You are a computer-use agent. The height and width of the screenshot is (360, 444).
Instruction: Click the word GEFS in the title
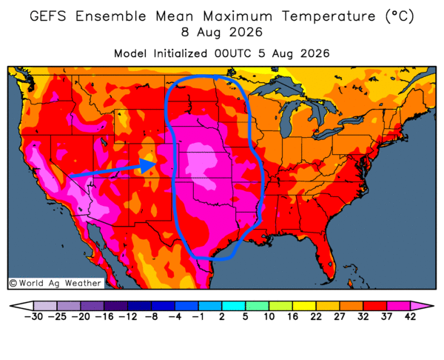48,16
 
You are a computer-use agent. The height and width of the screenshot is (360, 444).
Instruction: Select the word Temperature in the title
329,17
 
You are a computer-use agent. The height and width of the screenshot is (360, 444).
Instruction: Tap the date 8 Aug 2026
222,33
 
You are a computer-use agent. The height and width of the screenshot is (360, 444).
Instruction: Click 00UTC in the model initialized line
232,53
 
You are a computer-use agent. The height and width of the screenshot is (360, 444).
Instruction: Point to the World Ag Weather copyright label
55,283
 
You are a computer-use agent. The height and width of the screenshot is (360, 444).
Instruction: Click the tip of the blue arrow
157,164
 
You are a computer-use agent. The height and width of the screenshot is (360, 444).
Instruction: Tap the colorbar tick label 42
410,316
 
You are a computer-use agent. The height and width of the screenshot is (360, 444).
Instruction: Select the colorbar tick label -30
33,316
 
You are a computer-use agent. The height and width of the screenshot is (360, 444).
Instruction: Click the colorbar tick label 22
316,316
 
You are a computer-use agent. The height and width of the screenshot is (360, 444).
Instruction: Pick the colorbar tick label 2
222,316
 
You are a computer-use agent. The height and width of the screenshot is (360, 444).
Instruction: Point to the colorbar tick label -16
104,316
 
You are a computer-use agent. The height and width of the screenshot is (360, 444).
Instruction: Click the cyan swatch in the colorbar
233,306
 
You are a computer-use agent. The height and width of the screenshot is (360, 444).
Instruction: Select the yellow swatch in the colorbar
304,306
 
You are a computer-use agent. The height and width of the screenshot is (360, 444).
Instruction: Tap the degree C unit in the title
400,16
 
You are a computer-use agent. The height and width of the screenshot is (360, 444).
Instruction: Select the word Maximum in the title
238,16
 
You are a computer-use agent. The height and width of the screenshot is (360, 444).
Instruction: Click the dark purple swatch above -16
115,306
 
